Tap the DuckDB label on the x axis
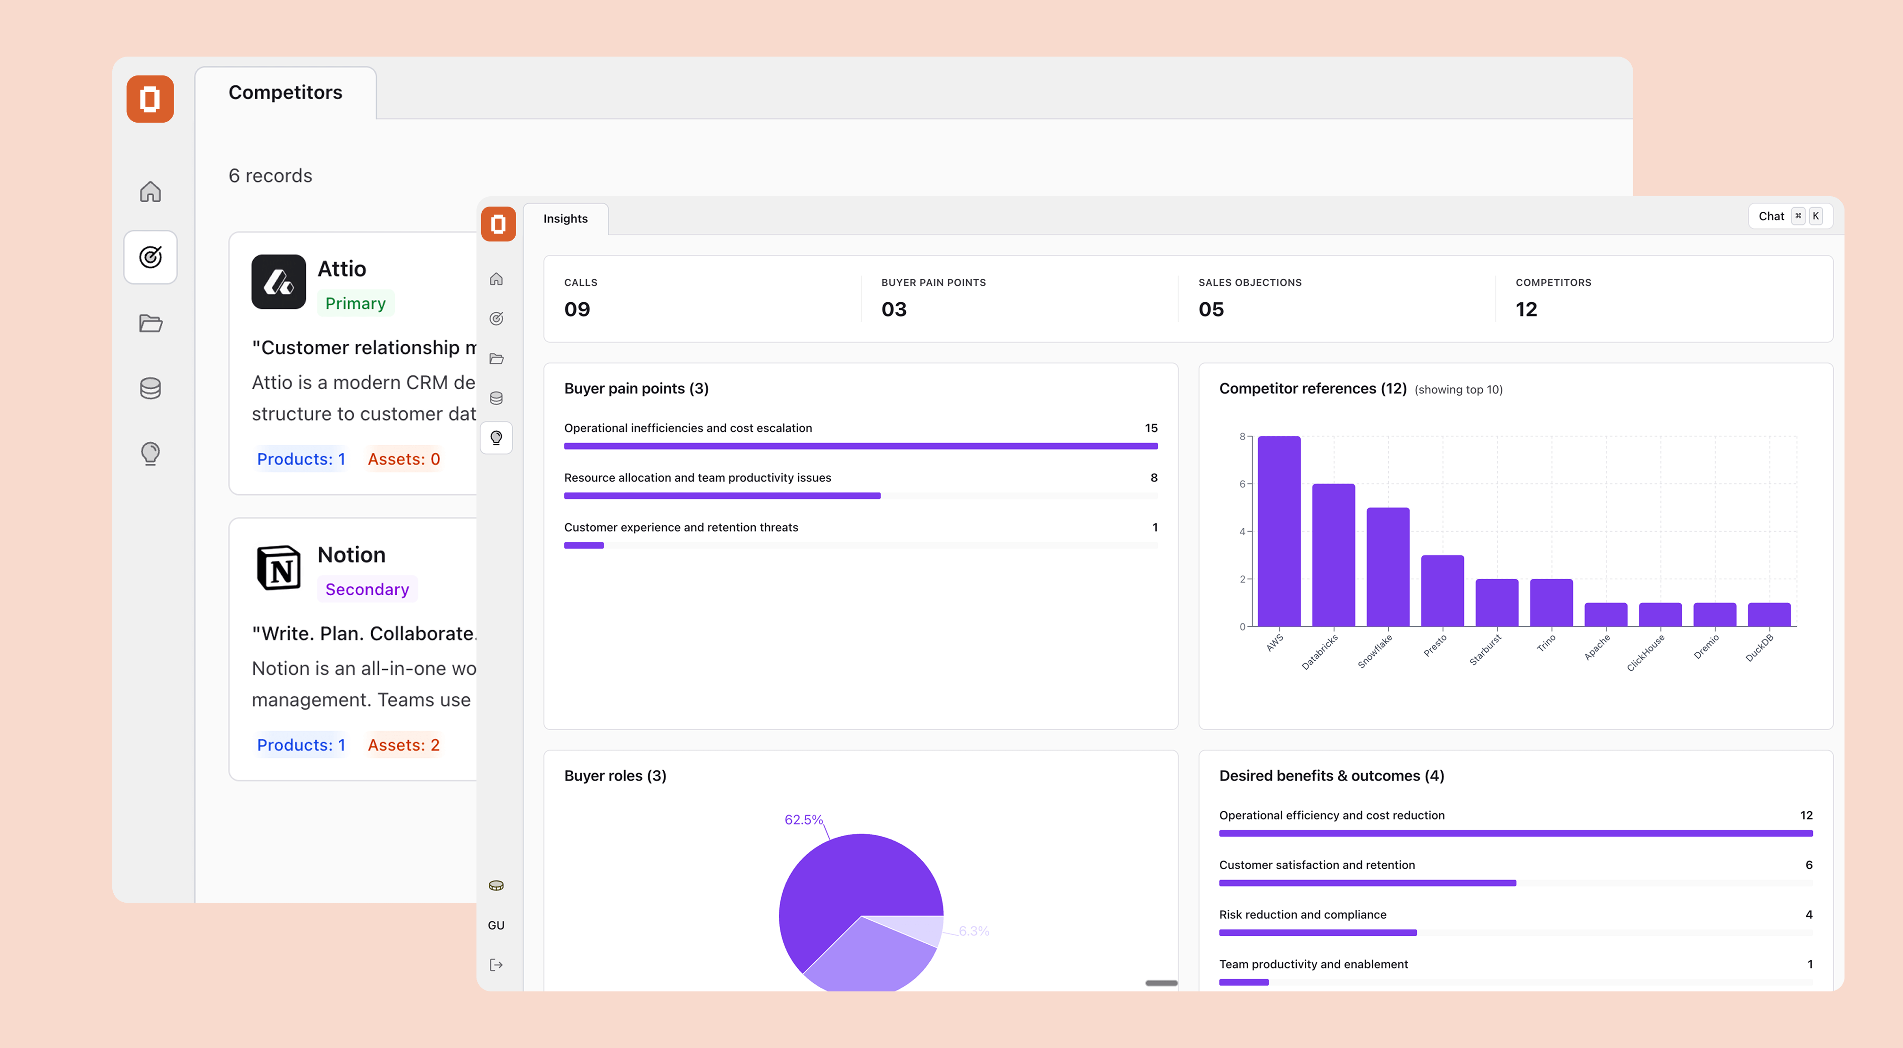coord(1760,648)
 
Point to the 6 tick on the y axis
coord(1242,484)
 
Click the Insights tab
coord(565,219)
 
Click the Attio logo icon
coord(278,282)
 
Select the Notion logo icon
coord(278,567)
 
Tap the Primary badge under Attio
coord(355,304)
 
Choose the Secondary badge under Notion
coord(367,590)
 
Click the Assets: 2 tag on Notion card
coord(403,745)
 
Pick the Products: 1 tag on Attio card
coord(300,459)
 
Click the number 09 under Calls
coord(577,309)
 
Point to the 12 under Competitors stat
coord(1526,309)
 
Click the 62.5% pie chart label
coord(803,820)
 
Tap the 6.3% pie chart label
coord(974,932)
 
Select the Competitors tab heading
coord(285,92)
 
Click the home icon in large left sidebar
coord(150,192)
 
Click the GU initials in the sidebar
coord(496,925)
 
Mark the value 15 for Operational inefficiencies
coord(1150,428)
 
